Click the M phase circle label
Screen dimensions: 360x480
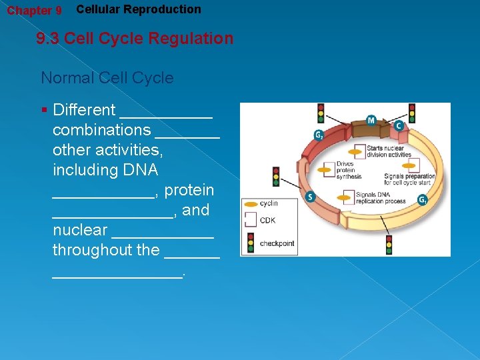371,121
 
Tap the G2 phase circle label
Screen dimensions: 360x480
319,135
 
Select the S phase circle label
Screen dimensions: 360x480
309,197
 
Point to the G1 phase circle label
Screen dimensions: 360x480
422,199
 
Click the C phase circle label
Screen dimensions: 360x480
399,125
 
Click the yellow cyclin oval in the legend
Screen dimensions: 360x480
250,203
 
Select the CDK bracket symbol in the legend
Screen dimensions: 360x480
250,220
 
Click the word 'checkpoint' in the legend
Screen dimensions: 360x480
277,243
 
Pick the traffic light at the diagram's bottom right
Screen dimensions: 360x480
389,244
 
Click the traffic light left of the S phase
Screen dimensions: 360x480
276,177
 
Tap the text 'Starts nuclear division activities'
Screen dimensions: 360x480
389,151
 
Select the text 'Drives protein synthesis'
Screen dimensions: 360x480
349,170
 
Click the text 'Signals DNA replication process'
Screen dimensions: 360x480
381,197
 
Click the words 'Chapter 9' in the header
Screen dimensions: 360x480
34,11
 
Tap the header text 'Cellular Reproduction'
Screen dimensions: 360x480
138,9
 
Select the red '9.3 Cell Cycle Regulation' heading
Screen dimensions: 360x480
135,38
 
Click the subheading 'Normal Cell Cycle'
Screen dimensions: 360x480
107,78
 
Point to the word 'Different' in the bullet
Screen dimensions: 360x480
84,110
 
